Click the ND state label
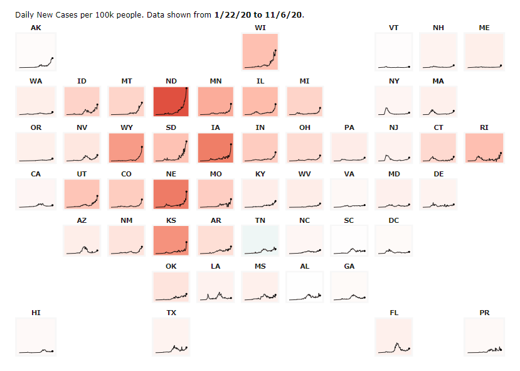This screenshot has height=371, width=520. coord(171,81)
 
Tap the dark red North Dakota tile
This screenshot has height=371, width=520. coord(171,102)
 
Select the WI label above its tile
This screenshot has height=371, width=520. coord(260,28)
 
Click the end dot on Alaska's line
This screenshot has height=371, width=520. coord(53,58)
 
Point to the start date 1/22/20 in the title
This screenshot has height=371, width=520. coord(233,14)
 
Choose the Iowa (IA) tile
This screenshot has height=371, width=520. coord(216,148)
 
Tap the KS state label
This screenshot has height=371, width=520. coord(171,220)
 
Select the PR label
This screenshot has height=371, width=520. coord(484,312)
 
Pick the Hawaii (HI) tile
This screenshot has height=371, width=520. coord(36,336)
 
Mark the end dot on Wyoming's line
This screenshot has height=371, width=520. coord(142,147)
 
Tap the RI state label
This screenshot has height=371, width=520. coord(484,127)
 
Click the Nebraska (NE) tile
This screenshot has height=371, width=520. coord(171,195)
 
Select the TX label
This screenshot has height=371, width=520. coord(171,312)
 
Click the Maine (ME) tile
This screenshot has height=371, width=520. coord(484,51)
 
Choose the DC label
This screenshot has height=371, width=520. coord(394,220)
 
